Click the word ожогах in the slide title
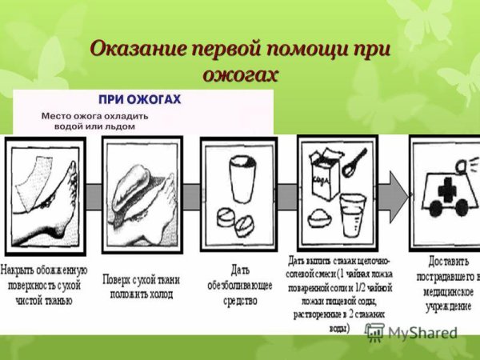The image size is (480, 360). tap(241, 74)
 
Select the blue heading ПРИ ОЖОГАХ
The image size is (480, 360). tap(140, 100)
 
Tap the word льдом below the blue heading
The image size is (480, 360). tap(119, 126)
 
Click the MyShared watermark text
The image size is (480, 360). tap(423, 332)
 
